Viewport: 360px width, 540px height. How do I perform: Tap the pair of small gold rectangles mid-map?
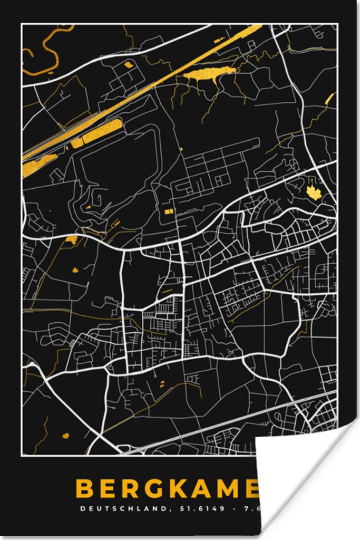[x=169, y=211]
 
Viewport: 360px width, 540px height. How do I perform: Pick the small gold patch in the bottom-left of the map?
[x=66, y=436]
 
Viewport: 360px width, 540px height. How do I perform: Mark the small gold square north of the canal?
[x=129, y=65]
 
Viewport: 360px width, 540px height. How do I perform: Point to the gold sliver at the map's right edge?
[x=330, y=98]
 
